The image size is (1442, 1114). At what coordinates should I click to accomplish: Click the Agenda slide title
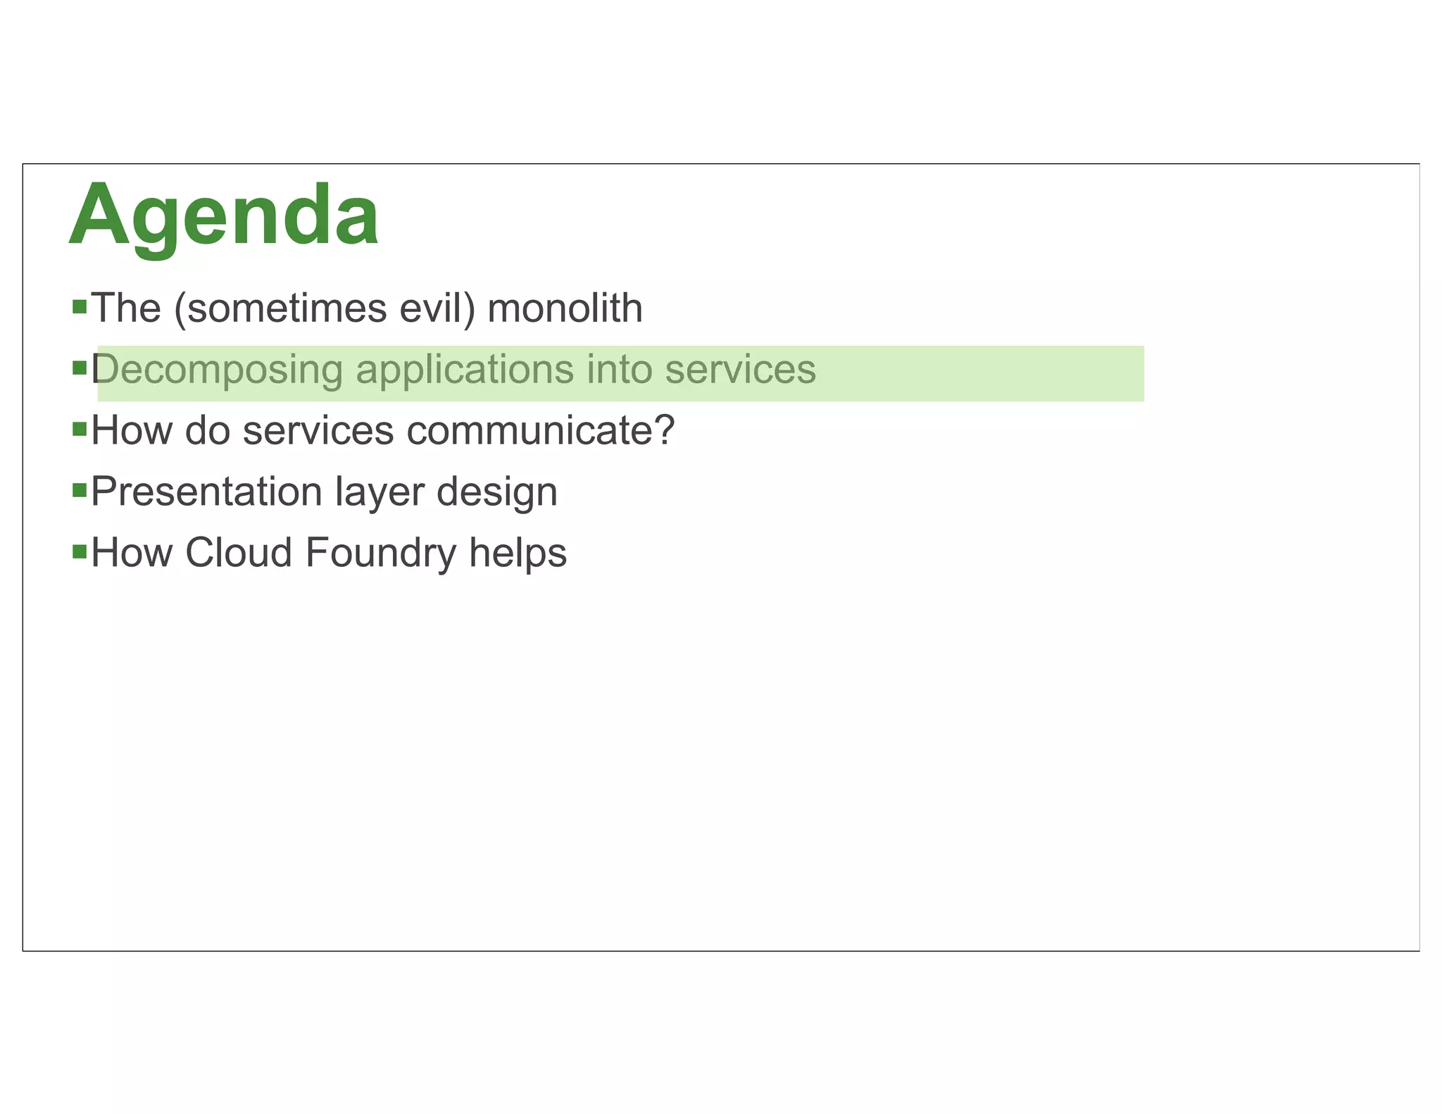click(224, 215)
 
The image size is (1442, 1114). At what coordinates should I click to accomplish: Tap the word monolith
click(565, 308)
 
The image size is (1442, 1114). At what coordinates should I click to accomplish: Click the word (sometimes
click(280, 308)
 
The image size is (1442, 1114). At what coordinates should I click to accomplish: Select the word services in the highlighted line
click(740, 370)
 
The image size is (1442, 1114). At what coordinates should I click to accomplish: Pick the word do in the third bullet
click(208, 431)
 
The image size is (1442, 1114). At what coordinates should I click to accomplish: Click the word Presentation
click(206, 492)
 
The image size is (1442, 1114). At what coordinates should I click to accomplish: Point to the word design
click(497, 492)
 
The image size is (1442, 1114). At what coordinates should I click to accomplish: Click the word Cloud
click(239, 553)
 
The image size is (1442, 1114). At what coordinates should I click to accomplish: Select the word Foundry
click(381, 553)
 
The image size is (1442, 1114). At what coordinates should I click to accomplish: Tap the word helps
click(518, 553)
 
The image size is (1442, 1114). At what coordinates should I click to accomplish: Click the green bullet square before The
click(80, 306)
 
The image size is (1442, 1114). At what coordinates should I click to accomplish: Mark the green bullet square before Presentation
click(80, 489)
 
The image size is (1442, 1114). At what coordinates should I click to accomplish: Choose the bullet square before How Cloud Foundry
click(80, 550)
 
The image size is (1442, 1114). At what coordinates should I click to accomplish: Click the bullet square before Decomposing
click(80, 368)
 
